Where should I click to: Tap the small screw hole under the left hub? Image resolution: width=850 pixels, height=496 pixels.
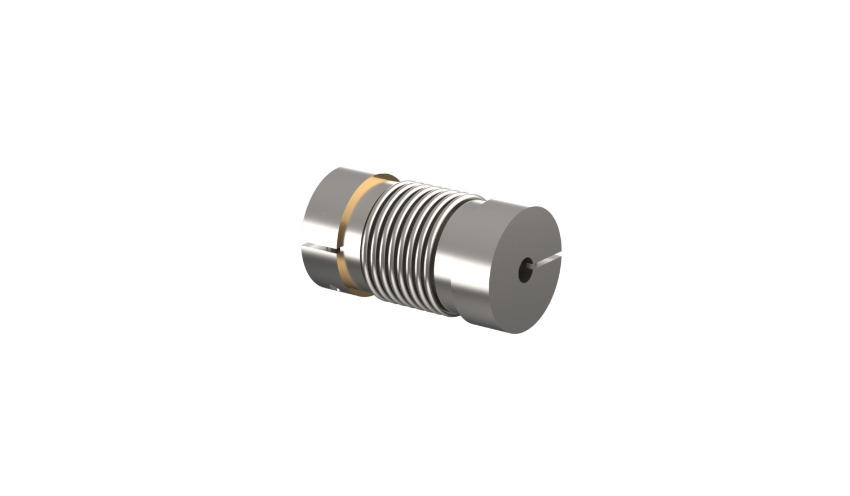pyautogui.click(x=334, y=291)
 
